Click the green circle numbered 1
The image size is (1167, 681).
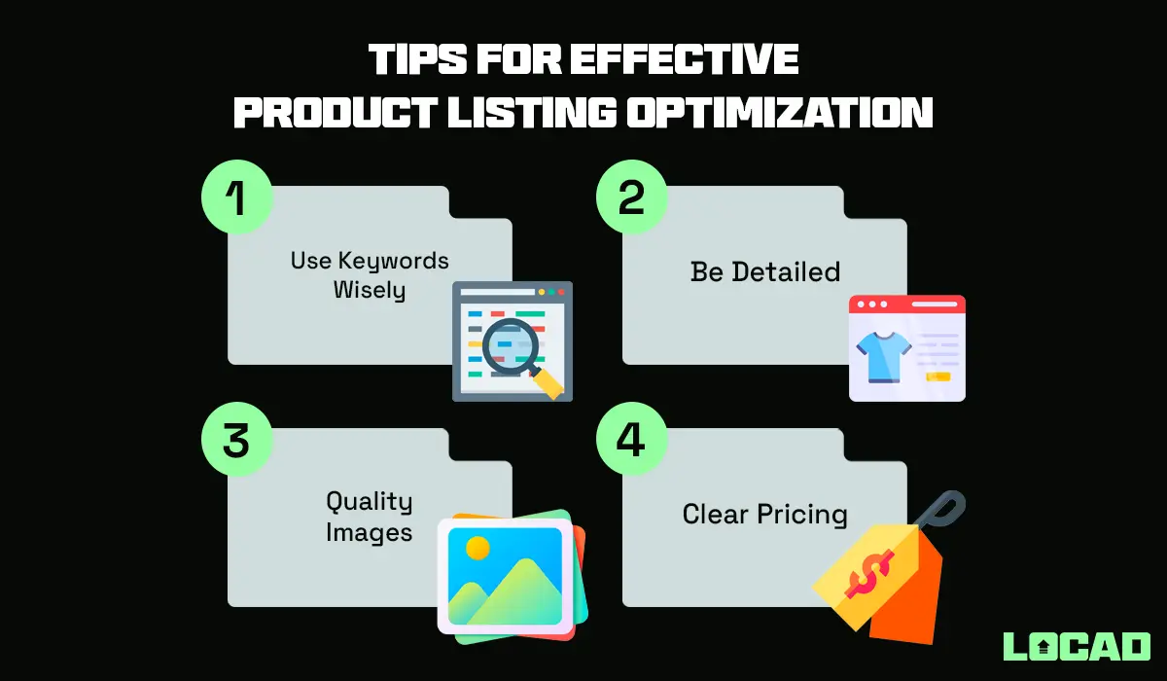237,198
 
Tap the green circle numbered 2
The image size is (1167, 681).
631,198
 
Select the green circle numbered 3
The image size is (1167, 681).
237,441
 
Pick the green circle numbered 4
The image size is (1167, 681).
631,441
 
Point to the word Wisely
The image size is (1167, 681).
370,290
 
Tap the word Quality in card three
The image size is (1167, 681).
369,501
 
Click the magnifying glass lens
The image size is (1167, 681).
507,342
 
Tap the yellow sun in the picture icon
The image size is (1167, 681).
477,548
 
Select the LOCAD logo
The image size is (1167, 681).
1077,647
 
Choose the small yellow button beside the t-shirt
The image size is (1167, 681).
938,376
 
